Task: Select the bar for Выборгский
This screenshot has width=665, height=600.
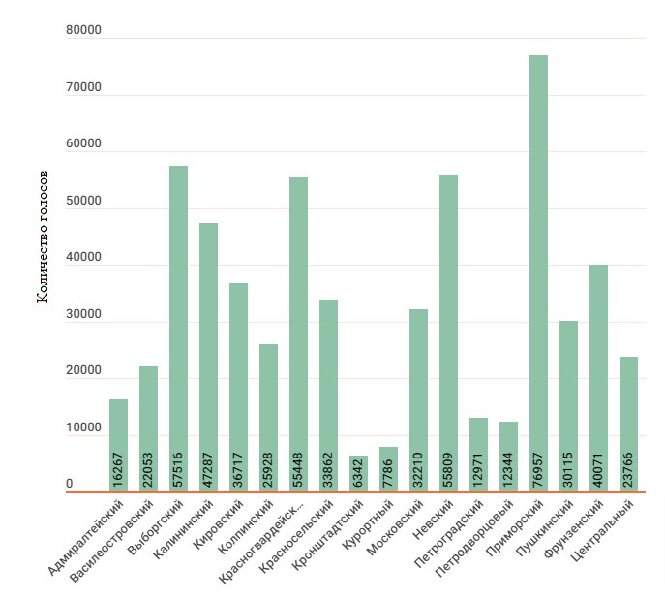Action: click(178, 329)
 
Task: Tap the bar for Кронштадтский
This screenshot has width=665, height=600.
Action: click(358, 473)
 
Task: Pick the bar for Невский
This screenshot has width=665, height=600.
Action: click(448, 333)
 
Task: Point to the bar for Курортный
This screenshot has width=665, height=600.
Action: click(388, 469)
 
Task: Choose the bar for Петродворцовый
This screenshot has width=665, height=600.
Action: click(508, 457)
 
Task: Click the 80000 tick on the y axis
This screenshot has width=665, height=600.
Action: click(83, 31)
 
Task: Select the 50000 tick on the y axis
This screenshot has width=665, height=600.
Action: click(83, 202)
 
